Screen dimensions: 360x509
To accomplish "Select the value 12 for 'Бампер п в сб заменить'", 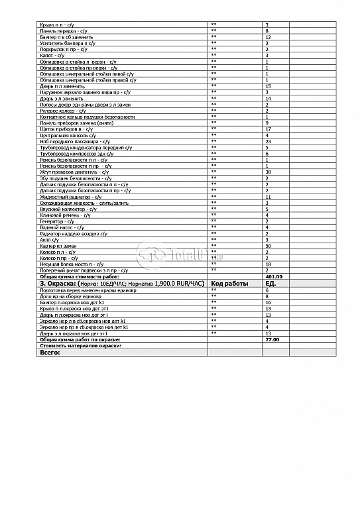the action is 267,37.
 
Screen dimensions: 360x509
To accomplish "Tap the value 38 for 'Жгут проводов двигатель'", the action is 267,172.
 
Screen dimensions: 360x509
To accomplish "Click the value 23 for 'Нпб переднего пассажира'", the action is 268,141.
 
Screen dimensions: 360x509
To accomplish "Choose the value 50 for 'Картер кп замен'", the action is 268,246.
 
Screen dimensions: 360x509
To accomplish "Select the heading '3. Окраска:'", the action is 60,283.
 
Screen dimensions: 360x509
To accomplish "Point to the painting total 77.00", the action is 272,339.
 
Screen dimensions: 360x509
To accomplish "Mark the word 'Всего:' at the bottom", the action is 50,353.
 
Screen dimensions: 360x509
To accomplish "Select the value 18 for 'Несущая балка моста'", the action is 267,264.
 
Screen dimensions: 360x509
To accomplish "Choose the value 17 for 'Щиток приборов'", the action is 267,129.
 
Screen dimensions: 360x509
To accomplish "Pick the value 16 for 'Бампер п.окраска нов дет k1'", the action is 267,302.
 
